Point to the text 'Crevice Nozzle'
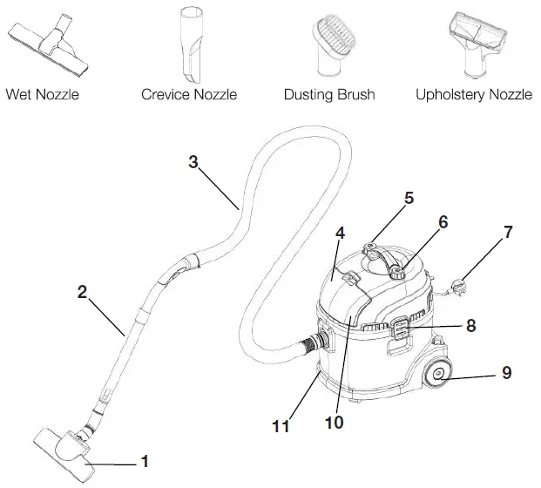click(x=189, y=94)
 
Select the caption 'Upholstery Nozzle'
click(x=473, y=94)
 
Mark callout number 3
click(x=194, y=160)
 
